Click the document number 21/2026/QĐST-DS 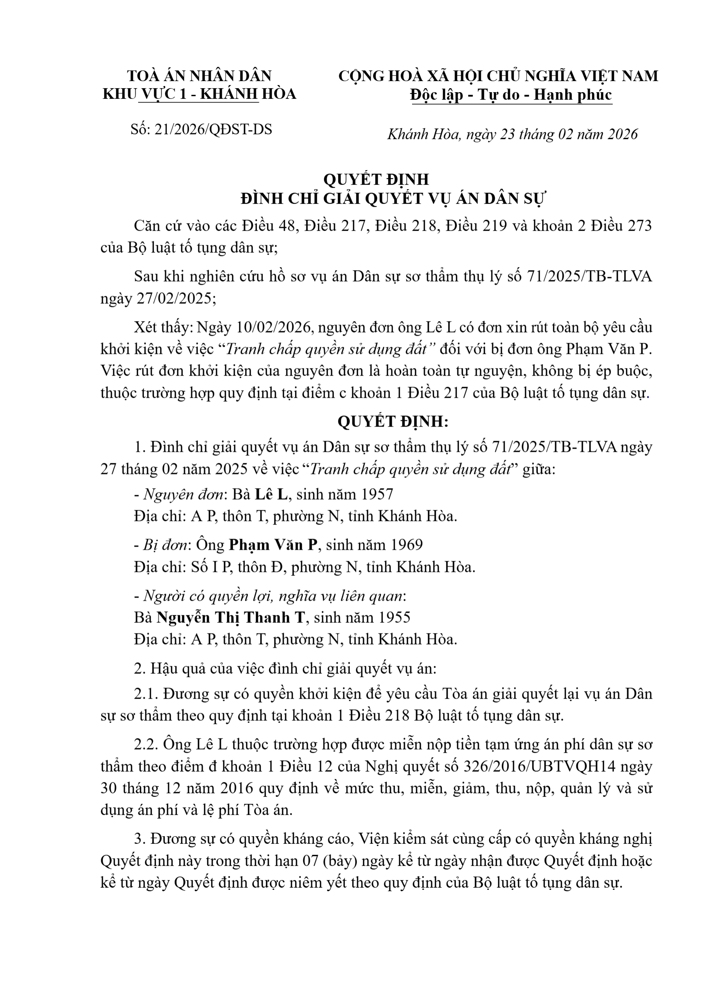click(213, 129)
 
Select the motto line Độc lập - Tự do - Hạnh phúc click(511, 95)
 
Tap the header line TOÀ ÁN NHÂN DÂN click(199, 76)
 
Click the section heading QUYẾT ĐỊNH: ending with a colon click(393, 421)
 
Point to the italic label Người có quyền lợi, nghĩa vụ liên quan click(274, 596)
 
